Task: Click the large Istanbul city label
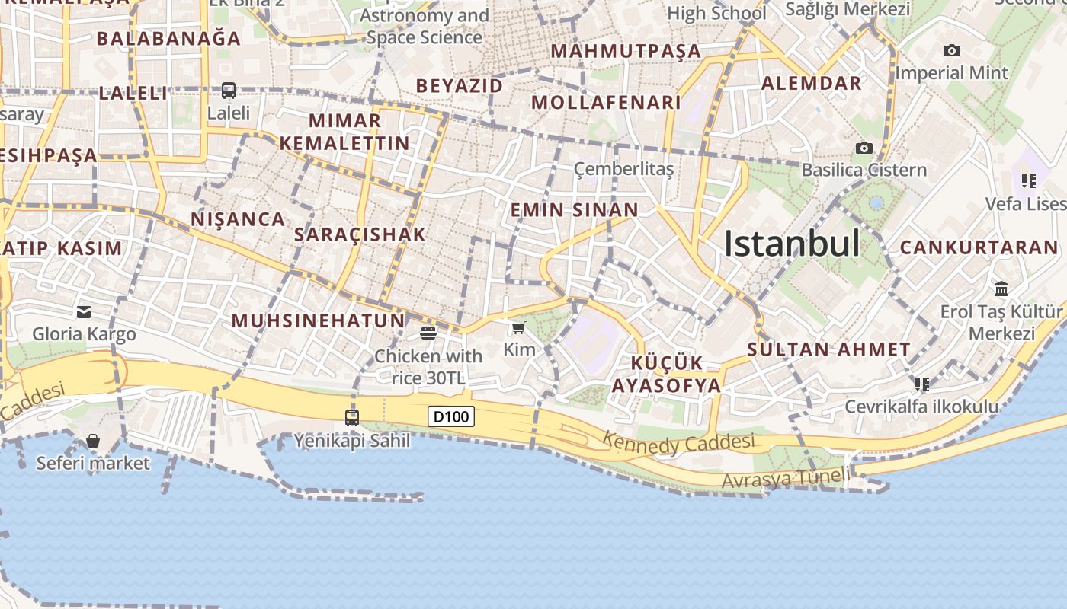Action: tap(792, 244)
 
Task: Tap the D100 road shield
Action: tap(451, 416)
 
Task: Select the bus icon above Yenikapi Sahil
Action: tap(352, 417)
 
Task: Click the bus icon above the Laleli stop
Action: tap(229, 90)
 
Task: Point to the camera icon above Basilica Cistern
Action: tap(864, 148)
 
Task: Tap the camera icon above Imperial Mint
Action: tap(951, 50)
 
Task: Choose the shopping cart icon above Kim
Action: tap(519, 327)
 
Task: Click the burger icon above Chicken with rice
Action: tap(428, 333)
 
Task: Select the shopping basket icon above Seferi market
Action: tap(93, 441)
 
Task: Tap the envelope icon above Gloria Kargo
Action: tap(84, 311)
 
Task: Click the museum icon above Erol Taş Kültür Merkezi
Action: tap(1001, 289)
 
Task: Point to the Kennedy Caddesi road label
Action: tap(678, 442)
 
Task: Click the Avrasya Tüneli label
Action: tap(785, 478)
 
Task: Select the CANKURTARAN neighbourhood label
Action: tap(979, 247)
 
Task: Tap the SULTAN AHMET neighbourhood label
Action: tap(828, 350)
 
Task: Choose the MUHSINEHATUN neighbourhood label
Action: tap(319, 320)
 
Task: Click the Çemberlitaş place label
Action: tap(623, 169)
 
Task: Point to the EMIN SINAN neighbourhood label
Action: tap(574, 210)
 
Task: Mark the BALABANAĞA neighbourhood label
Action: tap(168, 38)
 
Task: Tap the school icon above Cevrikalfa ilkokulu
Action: tap(922, 384)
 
